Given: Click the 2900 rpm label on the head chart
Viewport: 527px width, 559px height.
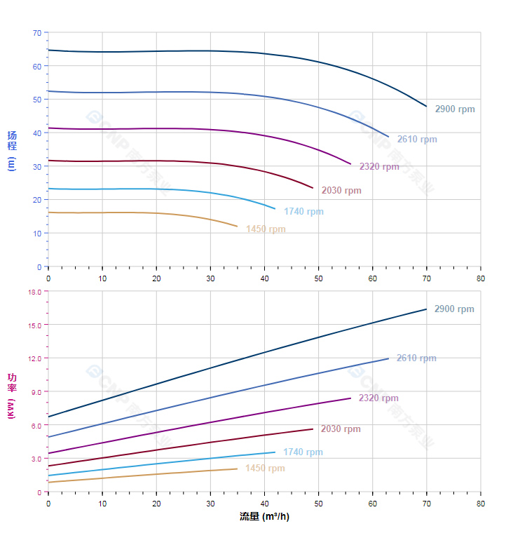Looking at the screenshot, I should (x=454, y=109).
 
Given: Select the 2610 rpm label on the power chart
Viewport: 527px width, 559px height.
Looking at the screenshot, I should (x=416, y=358).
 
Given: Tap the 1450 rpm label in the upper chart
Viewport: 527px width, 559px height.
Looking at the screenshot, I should (x=266, y=229).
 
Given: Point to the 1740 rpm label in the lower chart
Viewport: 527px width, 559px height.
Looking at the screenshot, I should (x=303, y=452).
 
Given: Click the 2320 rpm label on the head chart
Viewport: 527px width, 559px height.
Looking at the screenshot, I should (x=379, y=167).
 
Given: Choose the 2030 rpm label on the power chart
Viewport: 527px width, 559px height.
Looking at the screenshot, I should (x=341, y=429).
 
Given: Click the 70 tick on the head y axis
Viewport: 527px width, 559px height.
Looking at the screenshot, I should (x=37, y=33).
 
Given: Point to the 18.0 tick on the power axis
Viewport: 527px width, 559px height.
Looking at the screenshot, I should (x=34, y=291).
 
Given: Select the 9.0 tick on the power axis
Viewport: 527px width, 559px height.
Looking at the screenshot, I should (x=36, y=391).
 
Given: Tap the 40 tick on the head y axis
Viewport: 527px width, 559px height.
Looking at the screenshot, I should (x=37, y=133).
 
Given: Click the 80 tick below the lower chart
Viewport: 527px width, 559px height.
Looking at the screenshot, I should (x=481, y=504).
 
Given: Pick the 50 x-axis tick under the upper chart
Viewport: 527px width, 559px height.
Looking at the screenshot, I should (x=319, y=278).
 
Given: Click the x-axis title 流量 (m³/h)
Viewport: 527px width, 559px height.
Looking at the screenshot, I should (x=264, y=517).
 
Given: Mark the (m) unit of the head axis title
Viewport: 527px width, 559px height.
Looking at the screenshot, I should (x=12, y=164).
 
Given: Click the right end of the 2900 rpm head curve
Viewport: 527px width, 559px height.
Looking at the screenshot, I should (x=426, y=107).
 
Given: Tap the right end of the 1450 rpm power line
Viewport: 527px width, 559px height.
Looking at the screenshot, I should (x=238, y=469).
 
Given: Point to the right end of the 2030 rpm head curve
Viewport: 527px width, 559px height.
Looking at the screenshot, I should (x=313, y=188).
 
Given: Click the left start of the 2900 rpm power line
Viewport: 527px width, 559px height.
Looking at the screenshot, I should (x=48, y=417).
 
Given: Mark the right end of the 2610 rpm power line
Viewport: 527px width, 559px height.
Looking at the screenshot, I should (x=388, y=358).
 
